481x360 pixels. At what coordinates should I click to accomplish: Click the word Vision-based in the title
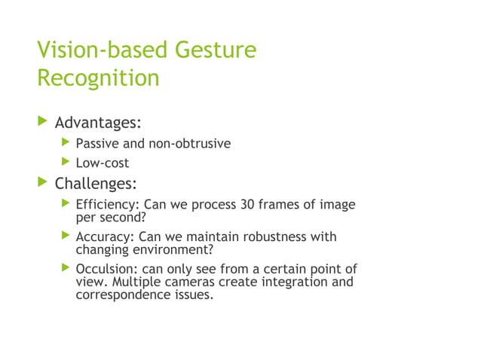click(x=103, y=50)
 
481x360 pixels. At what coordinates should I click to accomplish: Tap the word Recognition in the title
click(x=98, y=78)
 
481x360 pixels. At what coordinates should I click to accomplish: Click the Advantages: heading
click(x=99, y=122)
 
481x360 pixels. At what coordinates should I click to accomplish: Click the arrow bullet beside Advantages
click(x=43, y=121)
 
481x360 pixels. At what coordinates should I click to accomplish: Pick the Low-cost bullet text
click(x=103, y=163)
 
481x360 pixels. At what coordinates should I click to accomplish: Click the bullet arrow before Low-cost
click(x=66, y=163)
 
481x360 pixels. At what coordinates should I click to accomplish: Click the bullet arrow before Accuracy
click(x=66, y=236)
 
